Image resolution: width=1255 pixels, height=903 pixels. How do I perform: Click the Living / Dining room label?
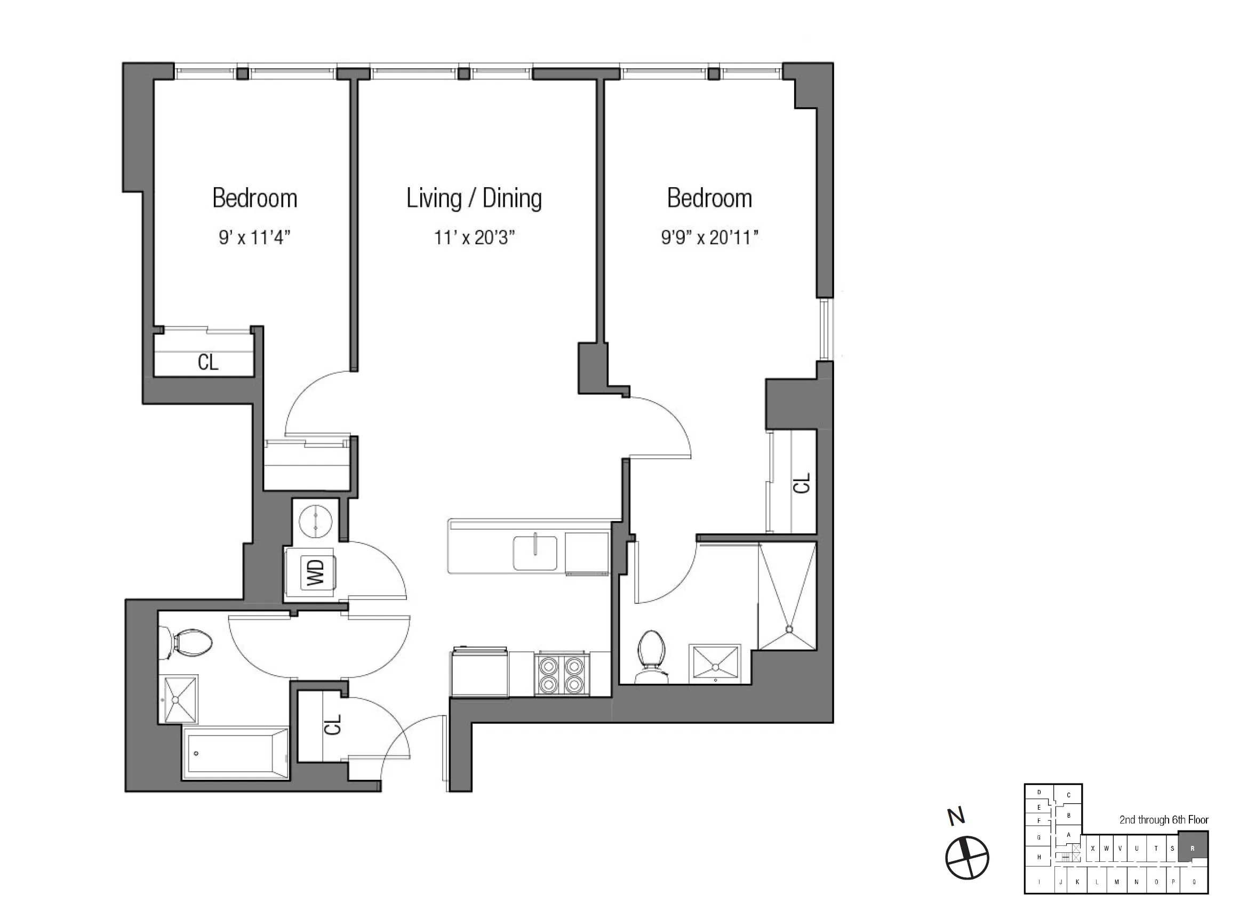[x=474, y=198]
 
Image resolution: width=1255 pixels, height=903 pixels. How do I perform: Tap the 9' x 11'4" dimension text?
[x=254, y=237]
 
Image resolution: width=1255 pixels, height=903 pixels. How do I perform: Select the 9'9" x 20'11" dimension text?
[x=709, y=237]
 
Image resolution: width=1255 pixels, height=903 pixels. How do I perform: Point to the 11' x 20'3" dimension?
[x=474, y=237]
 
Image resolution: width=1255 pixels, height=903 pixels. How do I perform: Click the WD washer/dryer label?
[x=315, y=572]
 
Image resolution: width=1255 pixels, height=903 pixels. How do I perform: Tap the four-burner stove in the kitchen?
[x=562, y=675]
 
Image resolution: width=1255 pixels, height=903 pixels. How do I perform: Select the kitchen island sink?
[x=534, y=552]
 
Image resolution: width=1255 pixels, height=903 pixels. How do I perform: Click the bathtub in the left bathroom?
[x=236, y=753]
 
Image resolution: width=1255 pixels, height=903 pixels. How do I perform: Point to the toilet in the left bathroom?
[x=188, y=643]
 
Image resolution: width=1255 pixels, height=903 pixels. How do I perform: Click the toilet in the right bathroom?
[x=651, y=656]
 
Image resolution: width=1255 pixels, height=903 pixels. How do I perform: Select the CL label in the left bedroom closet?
[x=208, y=362]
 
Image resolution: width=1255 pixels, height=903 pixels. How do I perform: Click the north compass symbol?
[x=966, y=858]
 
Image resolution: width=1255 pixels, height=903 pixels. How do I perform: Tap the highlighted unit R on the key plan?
[x=1192, y=848]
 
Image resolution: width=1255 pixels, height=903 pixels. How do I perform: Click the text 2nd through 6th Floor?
[x=1164, y=819]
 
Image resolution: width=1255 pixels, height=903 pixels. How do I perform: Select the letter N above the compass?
[x=956, y=816]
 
